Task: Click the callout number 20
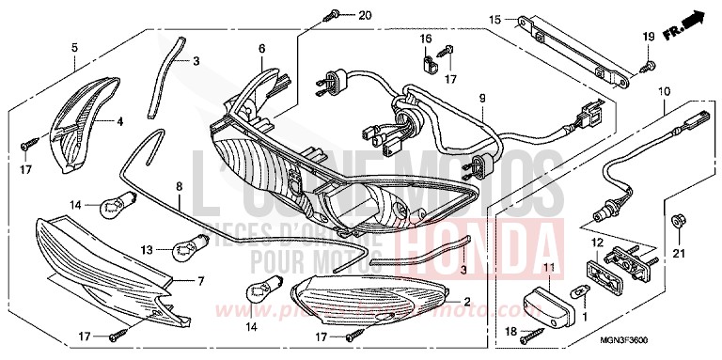click(365, 16)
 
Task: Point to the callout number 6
click(262, 47)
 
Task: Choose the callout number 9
click(481, 98)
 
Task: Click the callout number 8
click(179, 187)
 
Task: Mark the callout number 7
click(200, 281)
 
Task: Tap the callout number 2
click(465, 301)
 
